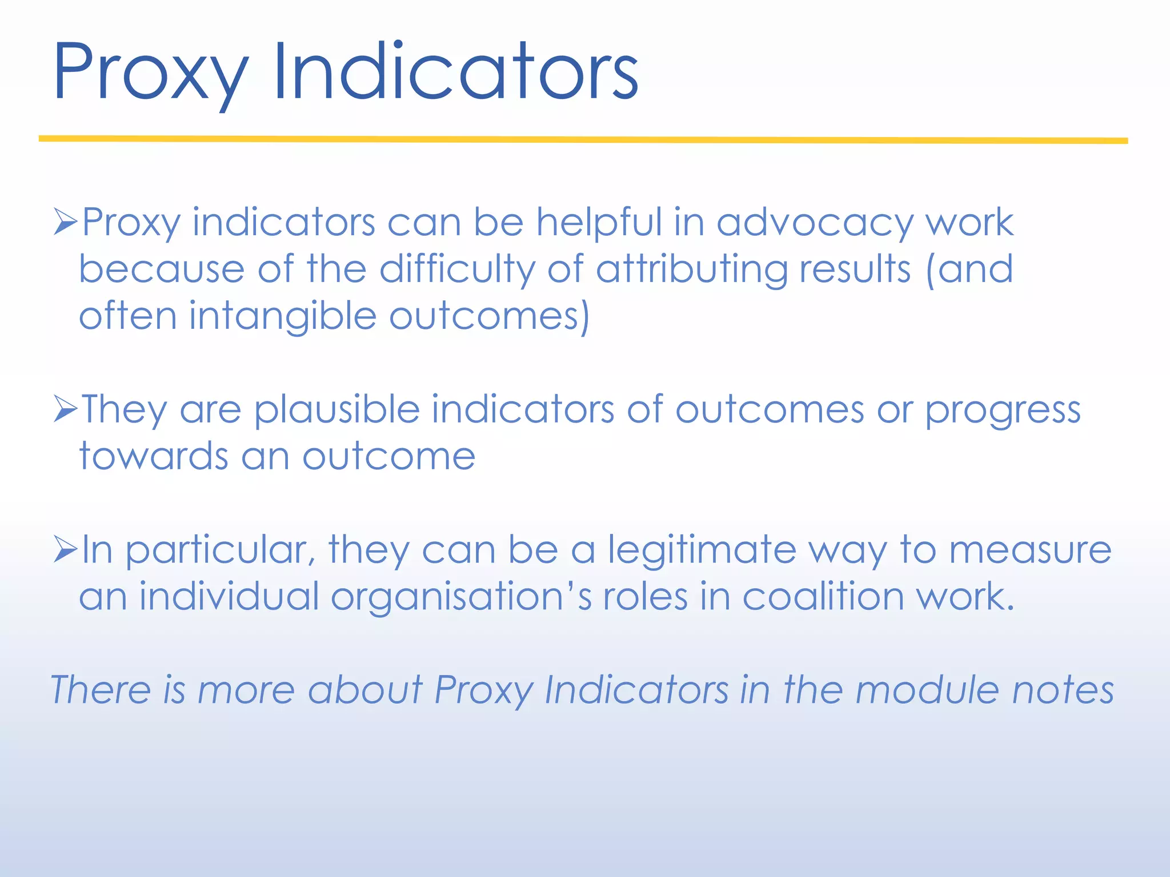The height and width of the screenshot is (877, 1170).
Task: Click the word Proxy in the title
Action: pos(150,74)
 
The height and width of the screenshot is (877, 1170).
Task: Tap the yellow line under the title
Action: pos(583,139)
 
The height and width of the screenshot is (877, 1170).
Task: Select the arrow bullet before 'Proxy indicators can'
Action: pos(66,222)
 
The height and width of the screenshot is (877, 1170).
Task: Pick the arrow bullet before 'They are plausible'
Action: pos(66,409)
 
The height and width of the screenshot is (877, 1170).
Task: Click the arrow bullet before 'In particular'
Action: pos(66,549)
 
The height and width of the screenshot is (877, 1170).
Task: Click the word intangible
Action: pos(283,317)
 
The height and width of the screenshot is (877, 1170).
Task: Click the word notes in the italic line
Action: pos(1063,690)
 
